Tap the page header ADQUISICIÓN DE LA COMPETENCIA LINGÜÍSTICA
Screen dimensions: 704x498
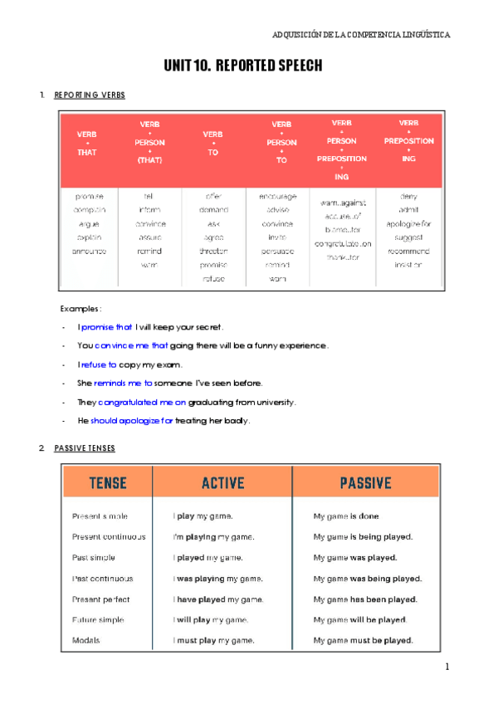tap(362, 35)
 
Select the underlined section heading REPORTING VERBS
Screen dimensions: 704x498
tap(90, 95)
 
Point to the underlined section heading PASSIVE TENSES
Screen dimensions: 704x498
tap(85, 448)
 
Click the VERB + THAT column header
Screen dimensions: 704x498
tap(86, 144)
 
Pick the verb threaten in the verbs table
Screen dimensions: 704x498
tap(213, 251)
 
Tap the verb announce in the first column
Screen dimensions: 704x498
tap(89, 251)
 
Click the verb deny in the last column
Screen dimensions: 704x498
tap(408, 197)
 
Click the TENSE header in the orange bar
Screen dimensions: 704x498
tap(107, 482)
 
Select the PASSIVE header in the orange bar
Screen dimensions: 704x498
tap(364, 482)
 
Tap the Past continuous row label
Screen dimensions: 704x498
tap(102, 579)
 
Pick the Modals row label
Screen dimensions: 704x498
tap(87, 641)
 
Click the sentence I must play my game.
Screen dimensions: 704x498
tap(213, 641)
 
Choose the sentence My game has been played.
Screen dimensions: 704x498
tap(365, 599)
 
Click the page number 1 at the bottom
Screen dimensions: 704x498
tap(447, 667)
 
